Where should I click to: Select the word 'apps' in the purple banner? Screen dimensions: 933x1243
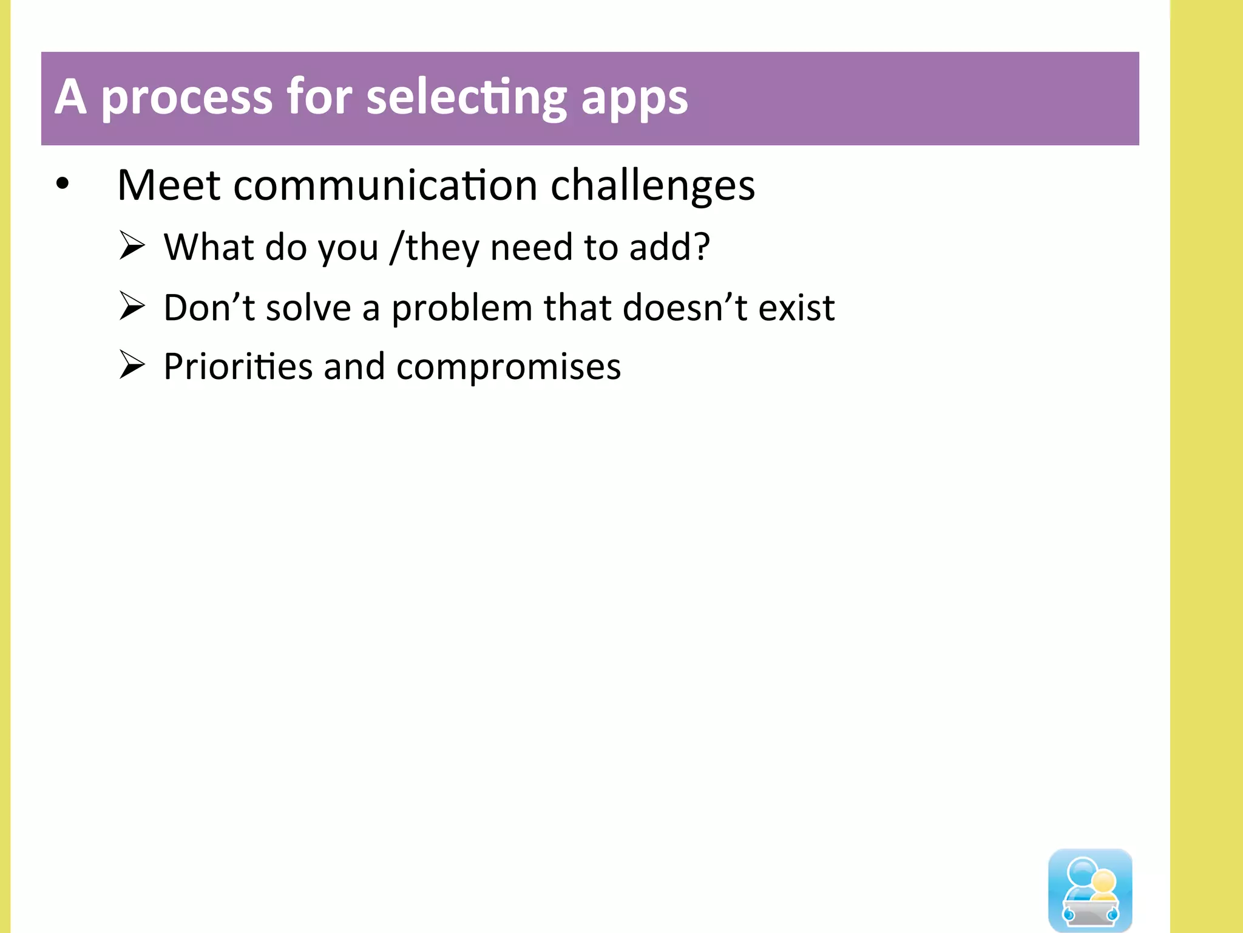coord(634,99)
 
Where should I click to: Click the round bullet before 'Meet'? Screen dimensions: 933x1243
coord(63,183)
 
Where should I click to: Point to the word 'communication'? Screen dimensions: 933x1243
coord(385,185)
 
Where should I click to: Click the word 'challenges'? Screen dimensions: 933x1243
coord(652,186)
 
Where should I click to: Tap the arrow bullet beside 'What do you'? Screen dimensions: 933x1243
coord(132,246)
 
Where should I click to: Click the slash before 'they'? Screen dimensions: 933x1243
coord(397,247)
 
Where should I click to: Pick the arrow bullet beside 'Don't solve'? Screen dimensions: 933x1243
coord(132,306)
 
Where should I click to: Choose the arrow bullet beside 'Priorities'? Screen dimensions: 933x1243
coord(132,365)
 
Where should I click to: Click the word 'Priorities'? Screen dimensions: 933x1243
coord(238,367)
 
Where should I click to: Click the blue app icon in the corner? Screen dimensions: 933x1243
coord(1090,890)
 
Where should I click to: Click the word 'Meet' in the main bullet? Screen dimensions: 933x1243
coord(169,185)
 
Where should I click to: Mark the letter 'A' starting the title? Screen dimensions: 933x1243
coord(70,97)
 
